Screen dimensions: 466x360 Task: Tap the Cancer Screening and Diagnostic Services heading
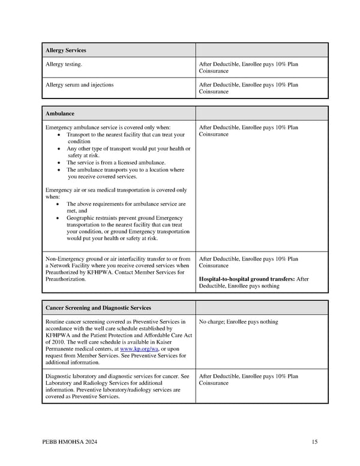98,307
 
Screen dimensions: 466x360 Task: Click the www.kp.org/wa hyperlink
137,348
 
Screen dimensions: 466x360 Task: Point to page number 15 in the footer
314,443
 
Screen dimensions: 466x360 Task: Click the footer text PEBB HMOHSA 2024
70,443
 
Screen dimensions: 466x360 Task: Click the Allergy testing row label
64,64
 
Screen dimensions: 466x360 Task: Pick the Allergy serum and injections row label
79,85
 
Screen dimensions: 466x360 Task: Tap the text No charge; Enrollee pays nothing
238,322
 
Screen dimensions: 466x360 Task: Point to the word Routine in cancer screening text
56,322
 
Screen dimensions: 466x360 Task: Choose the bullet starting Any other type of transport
128,149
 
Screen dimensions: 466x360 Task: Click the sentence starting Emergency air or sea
116,190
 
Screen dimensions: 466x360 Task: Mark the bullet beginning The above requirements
126,204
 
